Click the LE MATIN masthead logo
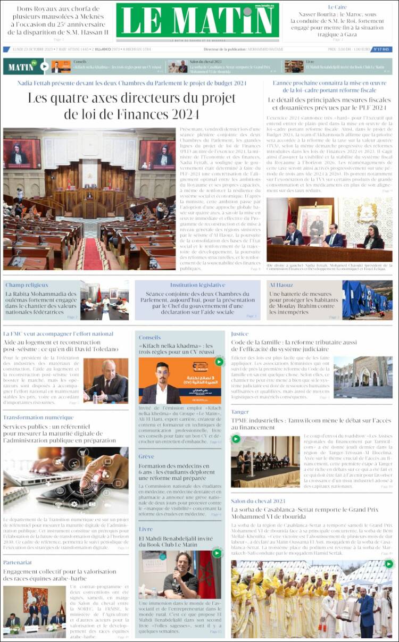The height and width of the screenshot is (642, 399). point(197,21)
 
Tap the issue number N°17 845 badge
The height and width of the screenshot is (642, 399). point(382,49)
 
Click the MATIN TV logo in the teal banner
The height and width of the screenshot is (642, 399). point(23,66)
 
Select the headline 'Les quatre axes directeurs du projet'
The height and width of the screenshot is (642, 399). point(131,98)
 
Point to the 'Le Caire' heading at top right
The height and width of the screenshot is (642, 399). point(337,7)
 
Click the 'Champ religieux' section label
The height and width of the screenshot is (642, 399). point(27,285)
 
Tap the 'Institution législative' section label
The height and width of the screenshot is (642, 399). point(197,285)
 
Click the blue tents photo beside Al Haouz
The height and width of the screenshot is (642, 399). point(367,300)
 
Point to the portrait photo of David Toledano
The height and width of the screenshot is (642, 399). point(105,380)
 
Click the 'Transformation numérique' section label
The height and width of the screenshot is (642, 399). point(38,418)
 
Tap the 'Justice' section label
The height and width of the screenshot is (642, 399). point(239,334)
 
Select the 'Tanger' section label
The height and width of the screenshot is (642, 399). point(239,412)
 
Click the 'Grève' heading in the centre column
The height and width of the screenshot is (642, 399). point(146,456)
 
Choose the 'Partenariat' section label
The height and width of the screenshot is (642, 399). point(18,562)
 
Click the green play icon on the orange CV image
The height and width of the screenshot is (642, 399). point(219,362)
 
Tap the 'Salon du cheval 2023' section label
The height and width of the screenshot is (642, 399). point(258,501)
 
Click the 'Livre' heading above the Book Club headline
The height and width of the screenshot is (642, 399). point(146,529)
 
